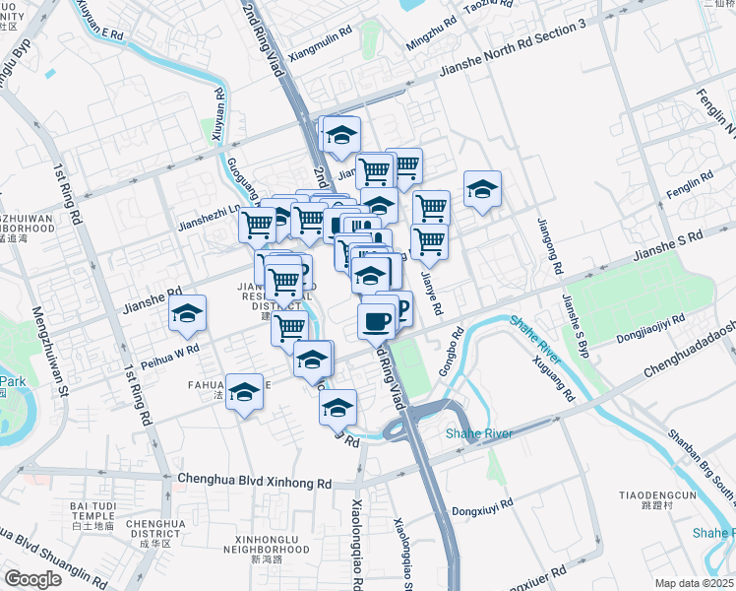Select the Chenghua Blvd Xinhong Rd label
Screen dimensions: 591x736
[255, 482]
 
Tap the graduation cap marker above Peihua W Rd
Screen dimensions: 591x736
[186, 314]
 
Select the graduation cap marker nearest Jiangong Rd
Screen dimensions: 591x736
[482, 189]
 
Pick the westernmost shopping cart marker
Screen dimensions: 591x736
[257, 224]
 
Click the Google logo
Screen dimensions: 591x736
[32, 579]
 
